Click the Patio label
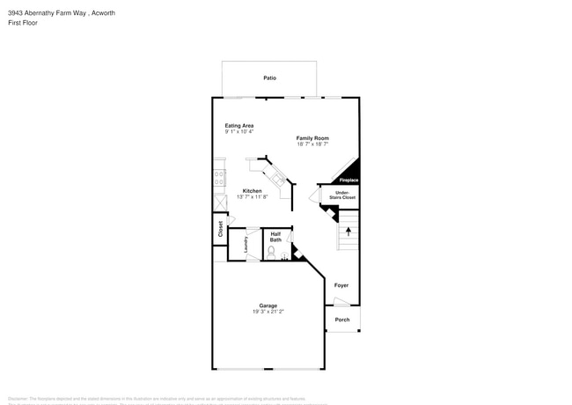269,78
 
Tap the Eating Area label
239,126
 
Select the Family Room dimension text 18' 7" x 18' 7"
312,144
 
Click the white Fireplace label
349,180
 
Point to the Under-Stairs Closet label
342,195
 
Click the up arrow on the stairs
348,232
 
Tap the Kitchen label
253,191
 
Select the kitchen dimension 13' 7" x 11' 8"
253,197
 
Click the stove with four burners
219,178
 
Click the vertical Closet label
220,229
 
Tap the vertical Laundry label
246,245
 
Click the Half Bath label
275,237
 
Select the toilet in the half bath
271,252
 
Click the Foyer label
341,285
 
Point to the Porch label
342,320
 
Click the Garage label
268,306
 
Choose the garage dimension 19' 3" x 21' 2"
268,312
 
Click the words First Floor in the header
22,23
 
